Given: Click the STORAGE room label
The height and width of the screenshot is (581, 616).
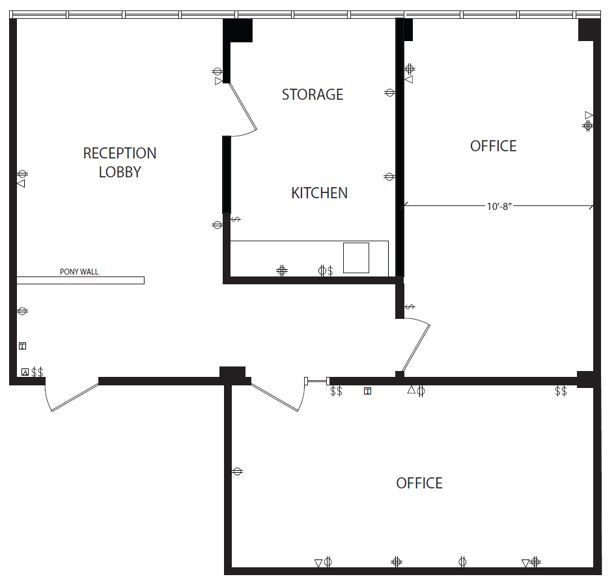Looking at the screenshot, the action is coord(313,95).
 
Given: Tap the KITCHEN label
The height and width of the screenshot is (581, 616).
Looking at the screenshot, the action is coord(319,193).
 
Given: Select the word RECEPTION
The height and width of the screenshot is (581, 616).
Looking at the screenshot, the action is coord(120,153).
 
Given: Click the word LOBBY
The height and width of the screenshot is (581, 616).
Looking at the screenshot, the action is coord(120,172).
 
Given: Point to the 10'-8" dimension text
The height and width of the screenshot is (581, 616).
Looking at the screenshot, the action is coord(499,207).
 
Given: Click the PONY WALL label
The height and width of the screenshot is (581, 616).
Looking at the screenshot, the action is coord(79,272).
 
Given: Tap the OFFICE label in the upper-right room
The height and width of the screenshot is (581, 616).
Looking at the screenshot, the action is coord(494,146).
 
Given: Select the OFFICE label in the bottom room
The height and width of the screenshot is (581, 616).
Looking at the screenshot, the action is coord(419,483).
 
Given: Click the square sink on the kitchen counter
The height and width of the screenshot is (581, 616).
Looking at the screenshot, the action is coord(356,258).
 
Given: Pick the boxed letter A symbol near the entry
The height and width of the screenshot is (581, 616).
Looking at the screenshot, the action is coord(25,372).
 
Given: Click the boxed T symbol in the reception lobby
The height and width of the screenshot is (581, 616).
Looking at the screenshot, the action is coord(22,346).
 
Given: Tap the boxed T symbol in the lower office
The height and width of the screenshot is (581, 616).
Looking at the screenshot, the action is coord(367,391).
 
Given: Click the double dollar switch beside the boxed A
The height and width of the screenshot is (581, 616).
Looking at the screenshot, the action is coord(37,372).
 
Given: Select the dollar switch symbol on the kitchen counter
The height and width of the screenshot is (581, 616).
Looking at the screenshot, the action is coord(330,271).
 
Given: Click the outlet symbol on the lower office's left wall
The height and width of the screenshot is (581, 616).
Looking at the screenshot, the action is coord(237,471).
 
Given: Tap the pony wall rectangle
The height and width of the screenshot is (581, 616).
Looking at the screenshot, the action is coord(80,280).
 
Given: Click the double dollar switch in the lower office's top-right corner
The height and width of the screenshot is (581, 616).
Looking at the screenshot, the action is coord(561,391).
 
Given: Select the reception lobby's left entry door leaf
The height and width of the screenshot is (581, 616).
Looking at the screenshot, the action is coord(75,397).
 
